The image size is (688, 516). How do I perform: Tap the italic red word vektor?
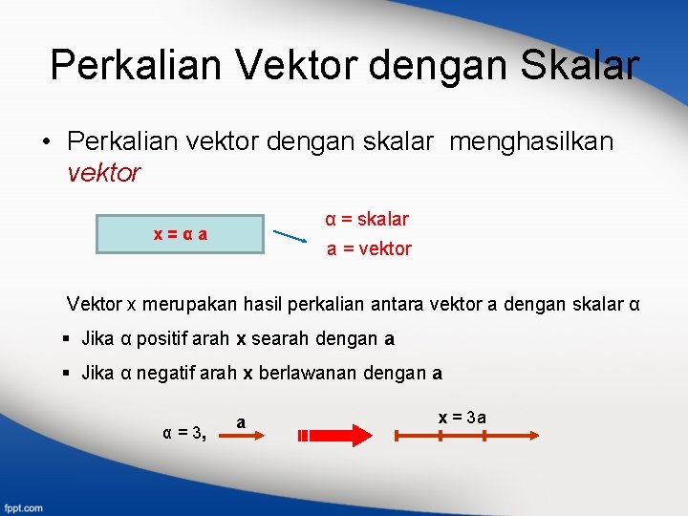click(104, 173)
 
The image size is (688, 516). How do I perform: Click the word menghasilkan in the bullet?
click(531, 142)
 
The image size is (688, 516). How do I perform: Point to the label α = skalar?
click(367, 219)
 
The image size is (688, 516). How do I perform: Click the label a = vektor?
click(369, 249)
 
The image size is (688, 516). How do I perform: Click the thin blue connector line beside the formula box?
click(290, 236)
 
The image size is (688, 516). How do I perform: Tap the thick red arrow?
click(334, 436)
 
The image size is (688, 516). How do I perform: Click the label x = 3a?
click(462, 417)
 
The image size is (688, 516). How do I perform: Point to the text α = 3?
click(183, 432)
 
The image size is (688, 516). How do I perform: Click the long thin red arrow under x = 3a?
click(466, 436)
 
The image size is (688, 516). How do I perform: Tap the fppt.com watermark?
click(22, 506)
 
